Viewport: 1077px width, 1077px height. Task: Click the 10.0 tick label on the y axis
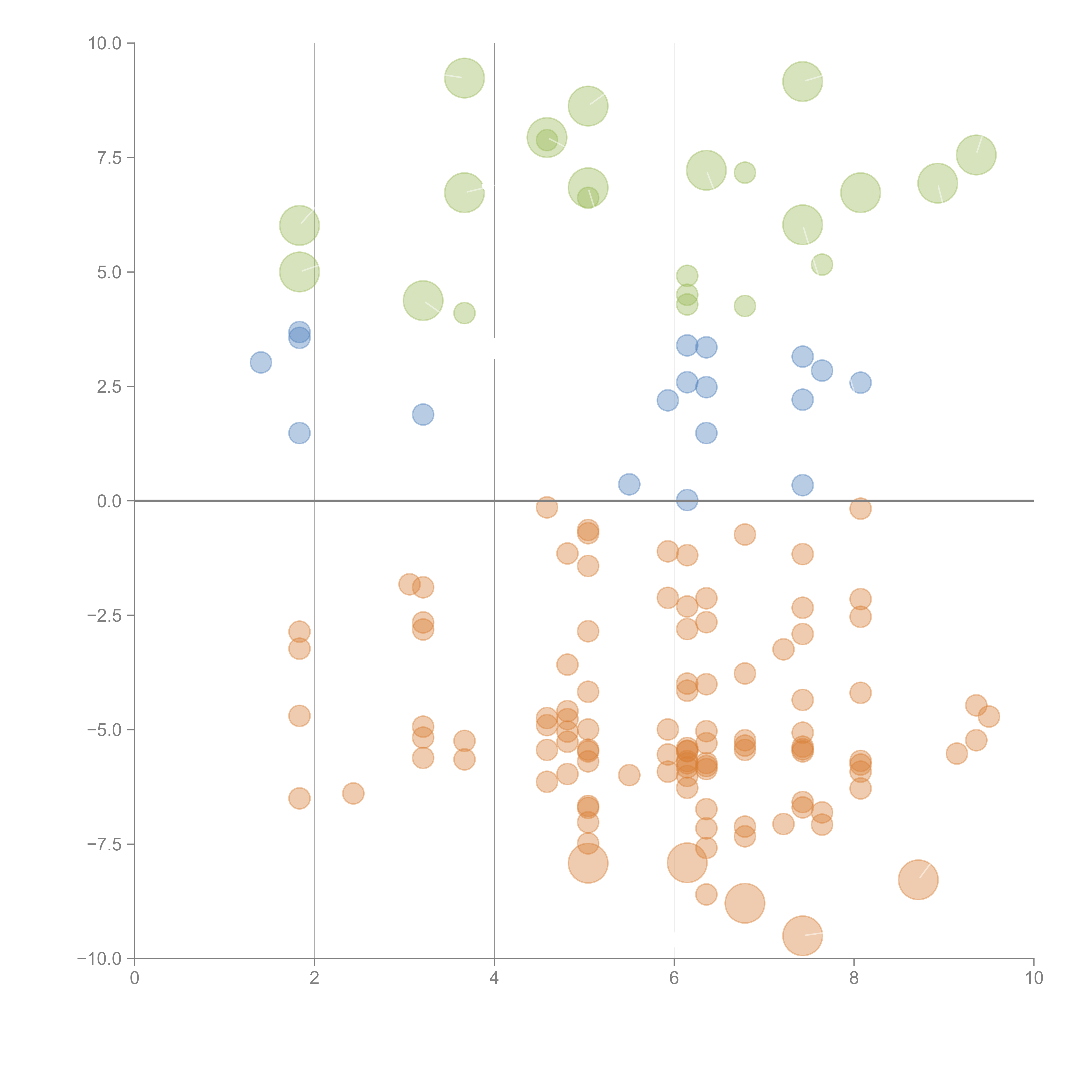pyautogui.click(x=105, y=44)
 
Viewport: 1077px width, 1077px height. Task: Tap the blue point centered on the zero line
pyautogui.click(x=687, y=500)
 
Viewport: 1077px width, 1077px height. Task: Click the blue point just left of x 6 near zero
pyautogui.click(x=629, y=484)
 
